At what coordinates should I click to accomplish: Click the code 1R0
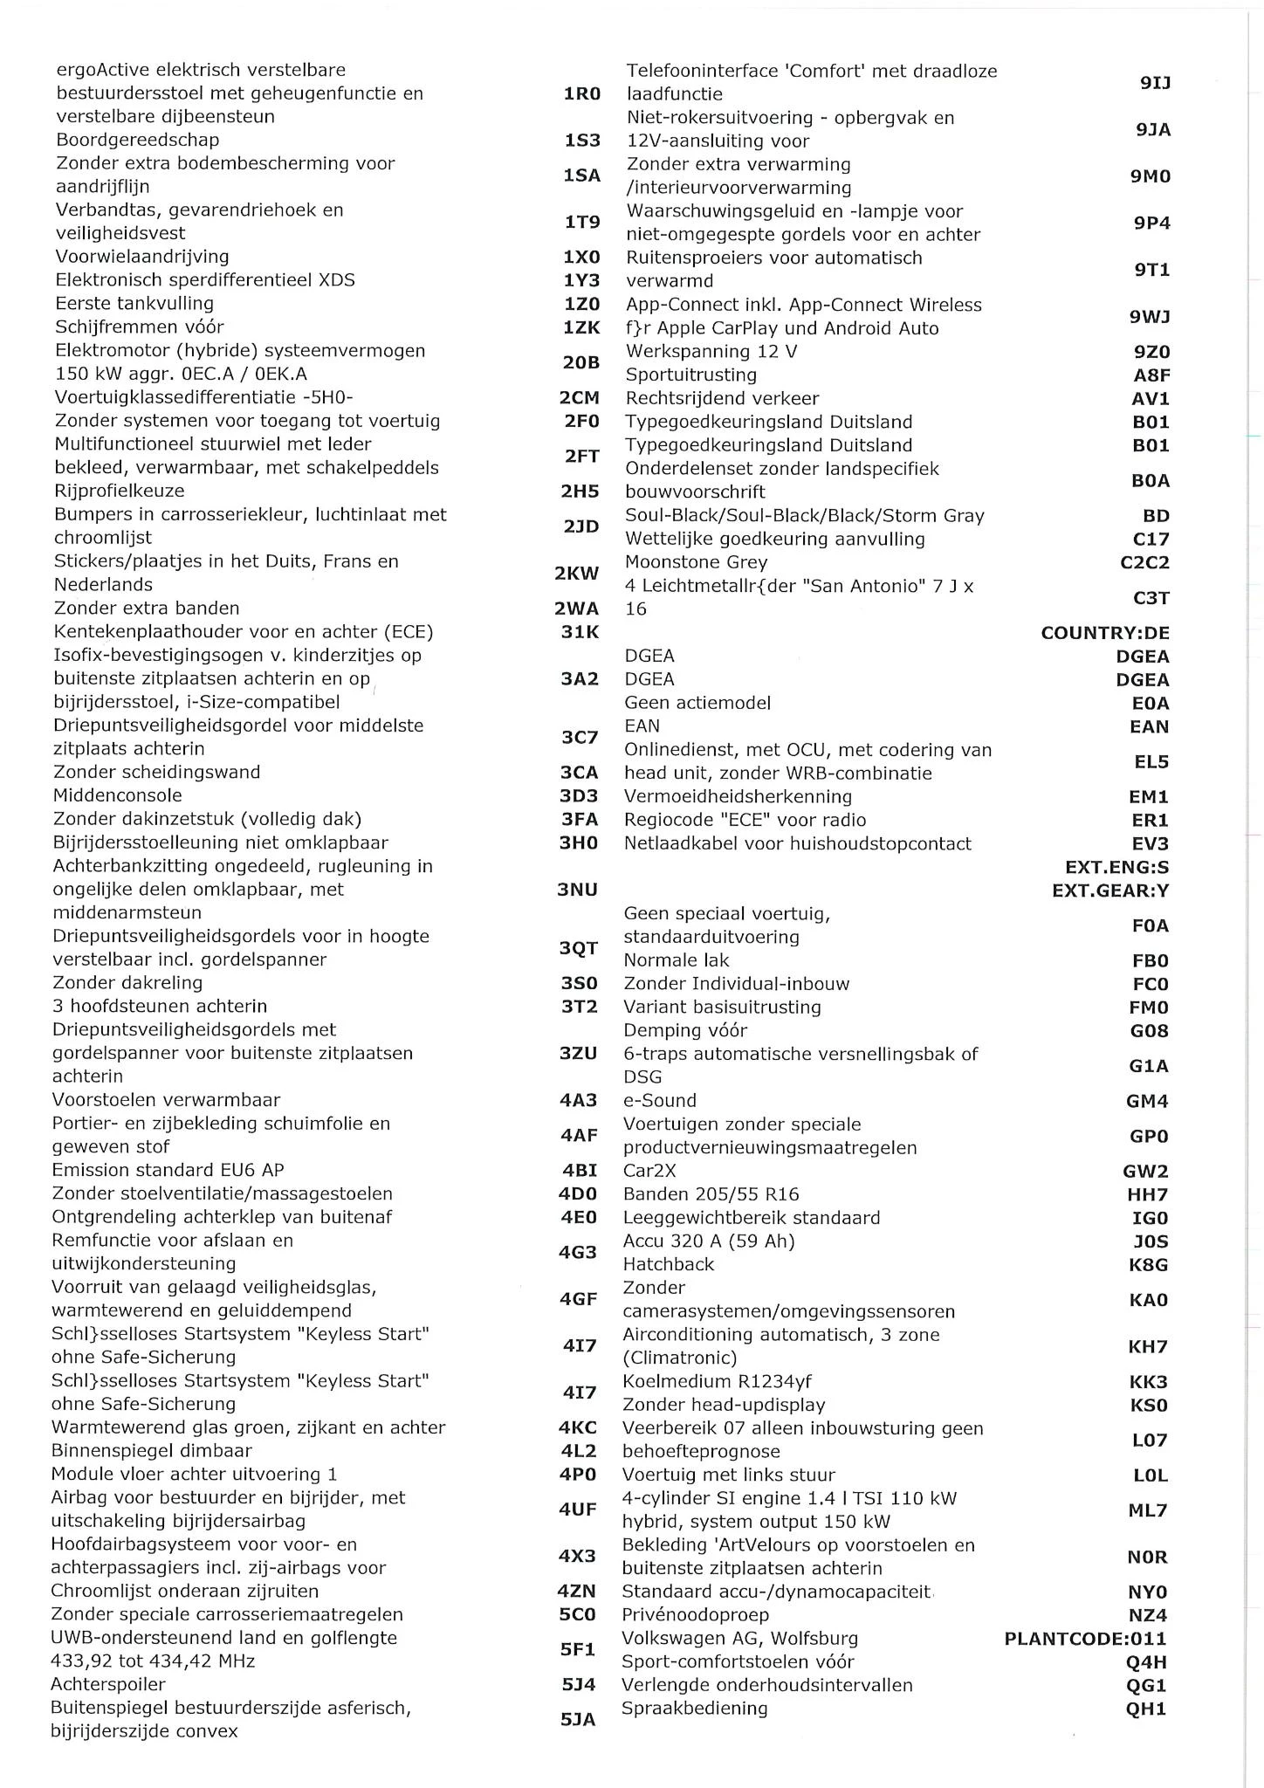coord(582,93)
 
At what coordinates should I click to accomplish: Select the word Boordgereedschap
coord(138,140)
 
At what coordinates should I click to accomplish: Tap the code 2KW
coord(577,574)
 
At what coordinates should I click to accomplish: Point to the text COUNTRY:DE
coord(1104,633)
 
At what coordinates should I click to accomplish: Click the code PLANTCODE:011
coord(1085,1639)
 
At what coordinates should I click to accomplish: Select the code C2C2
coord(1144,563)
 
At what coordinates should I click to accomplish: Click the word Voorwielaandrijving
coord(142,257)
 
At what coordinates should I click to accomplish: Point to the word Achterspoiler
coord(108,1684)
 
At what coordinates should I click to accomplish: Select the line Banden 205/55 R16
coord(711,1194)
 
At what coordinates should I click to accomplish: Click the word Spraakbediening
coord(694,1709)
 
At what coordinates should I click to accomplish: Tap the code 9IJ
coord(1155,83)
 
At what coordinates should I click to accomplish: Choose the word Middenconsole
coord(118,795)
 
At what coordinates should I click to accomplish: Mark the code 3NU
coord(578,890)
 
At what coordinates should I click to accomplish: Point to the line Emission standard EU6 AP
coord(168,1171)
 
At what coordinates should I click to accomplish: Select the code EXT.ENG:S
coord(1116,868)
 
